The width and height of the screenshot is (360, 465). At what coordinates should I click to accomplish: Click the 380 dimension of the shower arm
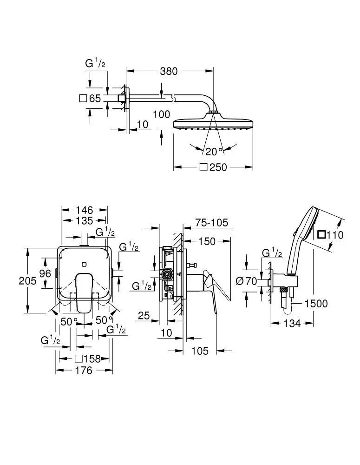(169, 71)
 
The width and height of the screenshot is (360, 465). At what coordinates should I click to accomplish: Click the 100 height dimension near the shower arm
(161, 114)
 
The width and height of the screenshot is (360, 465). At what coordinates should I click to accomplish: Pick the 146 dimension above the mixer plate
(84, 210)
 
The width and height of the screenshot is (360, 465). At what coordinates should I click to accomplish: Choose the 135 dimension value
(84, 220)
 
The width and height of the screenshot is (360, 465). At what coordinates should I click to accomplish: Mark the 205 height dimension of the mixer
(14, 281)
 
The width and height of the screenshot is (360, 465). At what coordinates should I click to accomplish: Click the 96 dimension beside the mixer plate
(45, 273)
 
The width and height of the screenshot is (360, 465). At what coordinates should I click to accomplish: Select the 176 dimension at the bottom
(84, 371)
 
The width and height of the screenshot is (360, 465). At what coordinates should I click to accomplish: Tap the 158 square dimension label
(88, 359)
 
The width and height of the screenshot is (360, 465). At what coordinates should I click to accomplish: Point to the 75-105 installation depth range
(211, 223)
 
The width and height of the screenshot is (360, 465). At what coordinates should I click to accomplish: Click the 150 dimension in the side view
(207, 241)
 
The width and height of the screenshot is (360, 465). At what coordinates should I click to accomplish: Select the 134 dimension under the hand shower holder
(292, 323)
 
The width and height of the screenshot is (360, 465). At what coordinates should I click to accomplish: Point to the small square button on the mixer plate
(84, 264)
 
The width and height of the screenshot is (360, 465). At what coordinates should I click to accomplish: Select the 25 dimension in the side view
(144, 316)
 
